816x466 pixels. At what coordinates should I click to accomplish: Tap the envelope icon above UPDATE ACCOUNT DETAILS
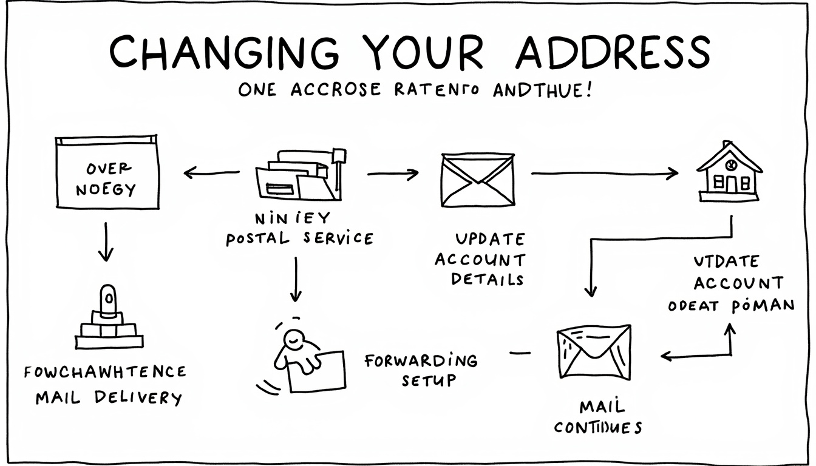pyautogui.click(x=476, y=180)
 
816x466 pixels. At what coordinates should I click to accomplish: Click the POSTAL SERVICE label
pyautogui.click(x=300, y=238)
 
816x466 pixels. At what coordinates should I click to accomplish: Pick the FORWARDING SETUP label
pyautogui.click(x=421, y=370)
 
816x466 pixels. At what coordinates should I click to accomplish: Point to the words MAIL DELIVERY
pyautogui.click(x=109, y=398)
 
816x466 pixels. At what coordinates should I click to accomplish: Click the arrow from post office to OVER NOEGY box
pyautogui.click(x=212, y=174)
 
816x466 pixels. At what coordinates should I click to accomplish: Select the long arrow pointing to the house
pyautogui.click(x=604, y=174)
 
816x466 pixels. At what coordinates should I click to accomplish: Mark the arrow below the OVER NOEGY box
pyautogui.click(x=106, y=241)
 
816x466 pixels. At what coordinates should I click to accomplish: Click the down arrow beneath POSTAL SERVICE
pyautogui.click(x=296, y=279)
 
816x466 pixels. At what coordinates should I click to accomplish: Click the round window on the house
pyautogui.click(x=731, y=163)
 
